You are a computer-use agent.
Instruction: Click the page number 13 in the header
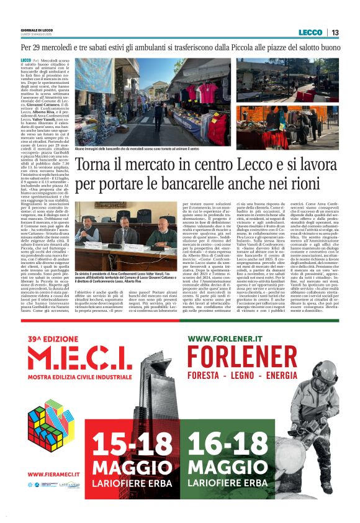click(x=335, y=32)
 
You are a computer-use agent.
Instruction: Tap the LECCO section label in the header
click(x=310, y=32)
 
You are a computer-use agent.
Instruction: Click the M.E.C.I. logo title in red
click(x=88, y=363)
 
